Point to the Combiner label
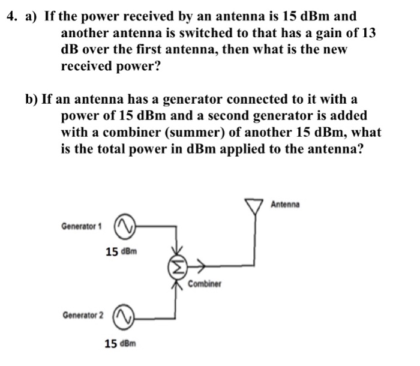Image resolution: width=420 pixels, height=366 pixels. point(205,283)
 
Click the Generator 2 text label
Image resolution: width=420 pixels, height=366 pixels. point(82,315)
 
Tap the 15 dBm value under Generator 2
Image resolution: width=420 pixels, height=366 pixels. point(121,344)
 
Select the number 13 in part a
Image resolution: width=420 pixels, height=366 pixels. point(367,33)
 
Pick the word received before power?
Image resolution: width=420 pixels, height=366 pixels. point(89,65)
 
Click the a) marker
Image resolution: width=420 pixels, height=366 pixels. point(32,17)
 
